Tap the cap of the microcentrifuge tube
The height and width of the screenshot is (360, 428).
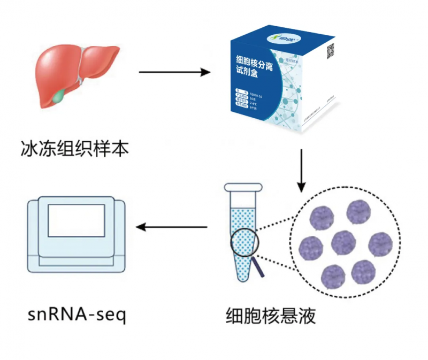pos(243,188)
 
